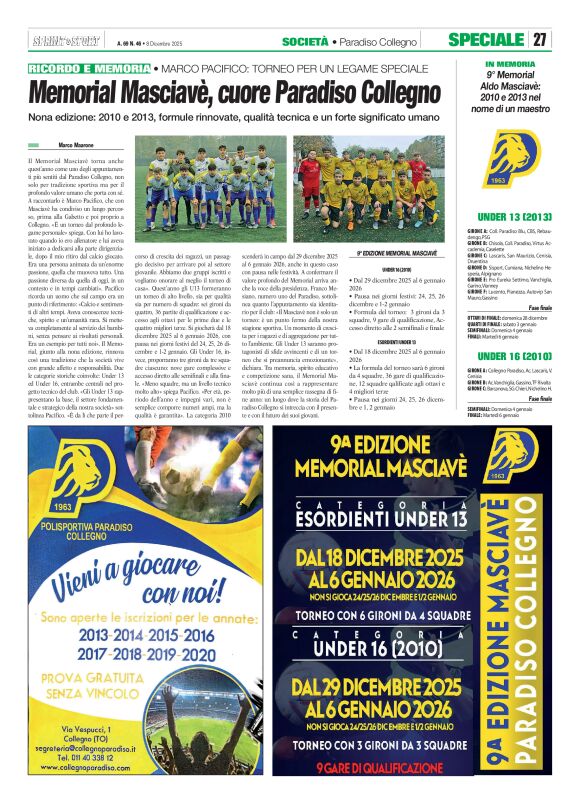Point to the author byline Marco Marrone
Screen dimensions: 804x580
point(83,146)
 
